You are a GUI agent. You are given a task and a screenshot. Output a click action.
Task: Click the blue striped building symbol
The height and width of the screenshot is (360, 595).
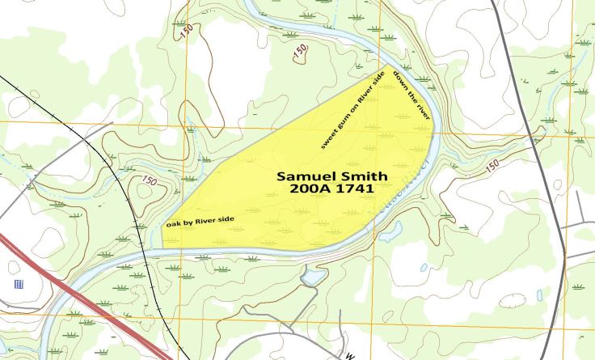18,284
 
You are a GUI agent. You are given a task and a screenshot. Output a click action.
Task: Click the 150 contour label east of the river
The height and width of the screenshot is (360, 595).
492,166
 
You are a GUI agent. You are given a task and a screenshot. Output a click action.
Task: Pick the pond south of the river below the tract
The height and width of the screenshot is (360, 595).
310,278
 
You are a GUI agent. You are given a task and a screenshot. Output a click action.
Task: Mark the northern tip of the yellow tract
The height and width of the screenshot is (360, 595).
386,66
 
